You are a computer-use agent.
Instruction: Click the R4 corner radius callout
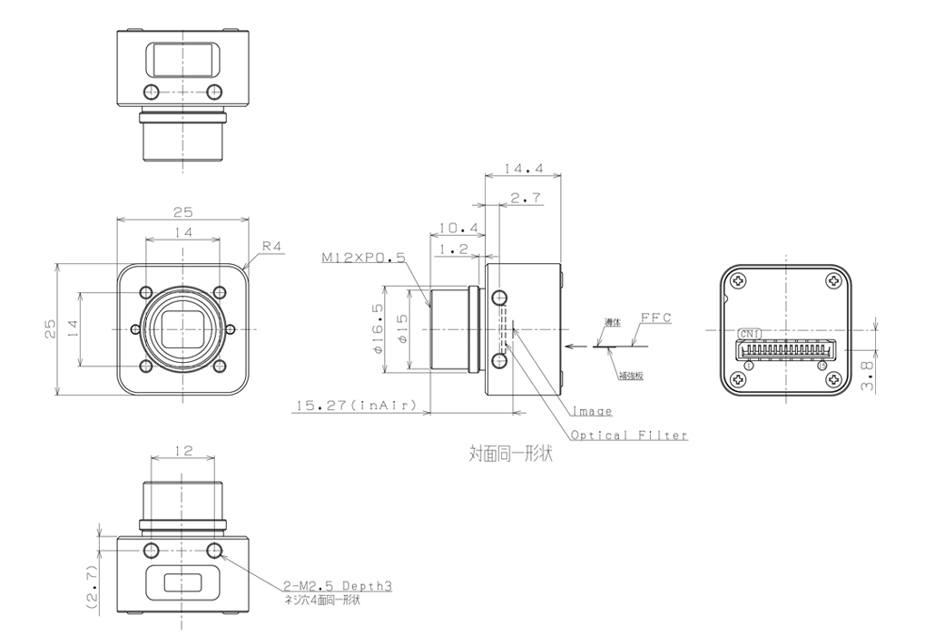272,246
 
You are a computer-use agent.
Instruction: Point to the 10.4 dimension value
458,227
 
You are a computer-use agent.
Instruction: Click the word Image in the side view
593,411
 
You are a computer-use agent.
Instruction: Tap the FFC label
655,318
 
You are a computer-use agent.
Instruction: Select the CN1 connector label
750,333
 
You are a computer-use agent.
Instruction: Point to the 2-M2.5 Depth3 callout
337,587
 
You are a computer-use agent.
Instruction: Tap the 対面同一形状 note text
510,454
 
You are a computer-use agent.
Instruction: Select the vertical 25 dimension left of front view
51,328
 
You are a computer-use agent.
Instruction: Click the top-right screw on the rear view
831,281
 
